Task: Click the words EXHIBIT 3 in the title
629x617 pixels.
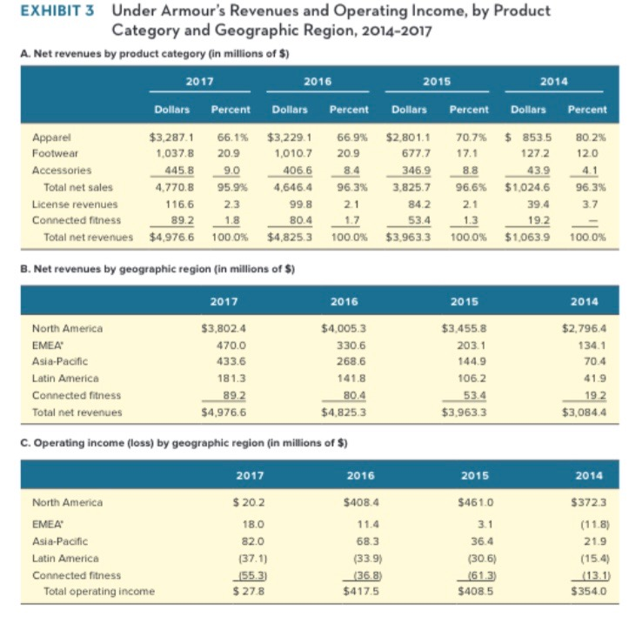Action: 52,11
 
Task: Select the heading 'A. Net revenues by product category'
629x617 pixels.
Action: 155,55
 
